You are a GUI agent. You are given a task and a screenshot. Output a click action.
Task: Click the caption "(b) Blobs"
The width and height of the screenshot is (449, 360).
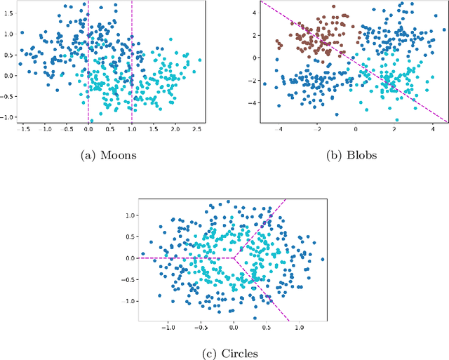[353, 154]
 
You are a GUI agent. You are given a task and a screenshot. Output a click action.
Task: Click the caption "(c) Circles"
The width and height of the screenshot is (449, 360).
[231, 354]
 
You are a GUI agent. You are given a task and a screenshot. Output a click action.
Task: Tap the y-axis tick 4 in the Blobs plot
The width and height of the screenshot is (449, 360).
[255, 11]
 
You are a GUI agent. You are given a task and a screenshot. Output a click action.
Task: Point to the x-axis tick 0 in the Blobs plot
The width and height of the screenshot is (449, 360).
[355, 130]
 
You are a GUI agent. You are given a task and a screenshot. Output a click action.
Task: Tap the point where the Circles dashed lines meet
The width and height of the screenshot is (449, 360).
[234, 258]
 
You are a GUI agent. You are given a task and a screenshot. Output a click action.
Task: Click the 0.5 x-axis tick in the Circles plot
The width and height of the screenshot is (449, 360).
[267, 327]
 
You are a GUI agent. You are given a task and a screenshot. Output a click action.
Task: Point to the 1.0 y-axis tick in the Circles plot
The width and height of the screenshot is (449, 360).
[129, 216]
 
